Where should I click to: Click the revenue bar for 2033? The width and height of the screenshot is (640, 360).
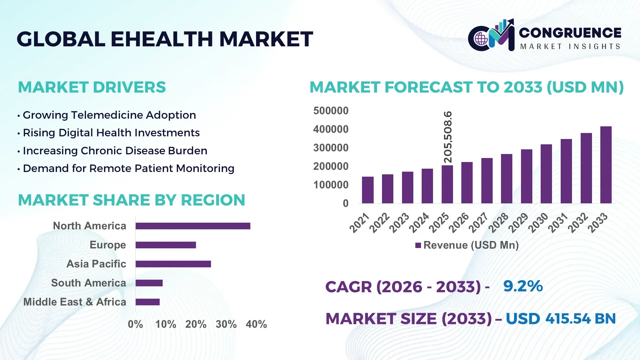tap(606, 165)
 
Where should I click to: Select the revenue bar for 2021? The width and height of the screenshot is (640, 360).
tap(368, 190)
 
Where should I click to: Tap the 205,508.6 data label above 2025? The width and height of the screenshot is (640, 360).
tap(448, 137)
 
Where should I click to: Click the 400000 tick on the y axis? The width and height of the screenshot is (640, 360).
tap(331, 129)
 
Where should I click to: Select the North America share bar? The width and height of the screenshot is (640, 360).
tap(193, 226)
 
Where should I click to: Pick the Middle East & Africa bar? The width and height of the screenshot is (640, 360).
tap(148, 302)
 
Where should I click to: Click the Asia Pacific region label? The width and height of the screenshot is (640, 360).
tap(96, 264)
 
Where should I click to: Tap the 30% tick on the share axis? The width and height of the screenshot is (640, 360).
tap(226, 324)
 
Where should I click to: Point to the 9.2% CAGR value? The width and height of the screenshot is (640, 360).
tap(523, 286)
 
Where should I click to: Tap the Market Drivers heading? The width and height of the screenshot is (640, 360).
tap(92, 87)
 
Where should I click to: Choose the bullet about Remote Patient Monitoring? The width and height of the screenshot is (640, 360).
tap(128, 169)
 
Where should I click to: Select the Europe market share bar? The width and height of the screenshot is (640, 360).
tap(166, 245)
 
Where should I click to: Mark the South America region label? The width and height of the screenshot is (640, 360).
tap(88, 283)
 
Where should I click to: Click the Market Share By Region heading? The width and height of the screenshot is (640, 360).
tap(131, 200)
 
